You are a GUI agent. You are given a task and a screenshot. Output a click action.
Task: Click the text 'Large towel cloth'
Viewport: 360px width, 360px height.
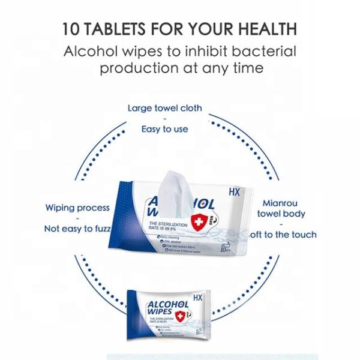pyautogui.click(x=164, y=109)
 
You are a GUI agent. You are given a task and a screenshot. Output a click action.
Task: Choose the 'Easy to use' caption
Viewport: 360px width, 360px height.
pyautogui.click(x=164, y=128)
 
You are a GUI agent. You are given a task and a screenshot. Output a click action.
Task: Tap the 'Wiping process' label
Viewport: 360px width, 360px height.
pyautogui.click(x=77, y=208)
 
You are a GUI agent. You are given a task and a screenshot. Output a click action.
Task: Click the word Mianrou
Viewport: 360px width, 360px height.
pyautogui.click(x=280, y=203)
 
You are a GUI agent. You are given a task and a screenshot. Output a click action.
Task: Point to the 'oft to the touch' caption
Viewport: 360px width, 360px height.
pyautogui.click(x=282, y=234)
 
